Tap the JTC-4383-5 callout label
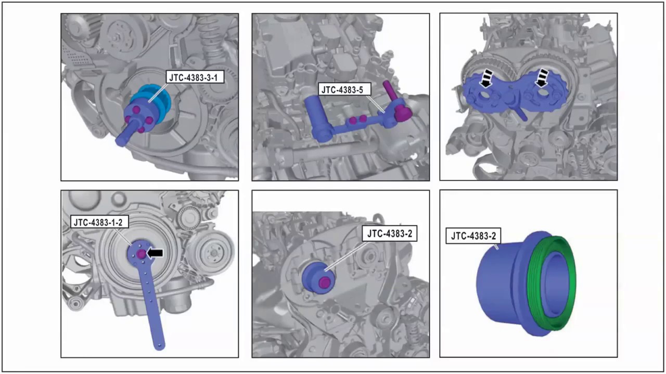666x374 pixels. click(342, 90)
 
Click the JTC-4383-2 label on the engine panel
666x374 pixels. click(390, 234)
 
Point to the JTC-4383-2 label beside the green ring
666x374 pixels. click(473, 236)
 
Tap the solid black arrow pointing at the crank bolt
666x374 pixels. click(156, 253)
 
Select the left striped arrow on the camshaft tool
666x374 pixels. click(485, 78)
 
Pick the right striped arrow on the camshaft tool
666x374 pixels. click(542, 78)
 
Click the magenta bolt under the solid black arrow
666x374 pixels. click(142, 254)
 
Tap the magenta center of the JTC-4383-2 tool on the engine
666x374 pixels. click(324, 283)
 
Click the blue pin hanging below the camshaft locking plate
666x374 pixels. click(520, 112)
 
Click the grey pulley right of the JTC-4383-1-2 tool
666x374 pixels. click(211, 252)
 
